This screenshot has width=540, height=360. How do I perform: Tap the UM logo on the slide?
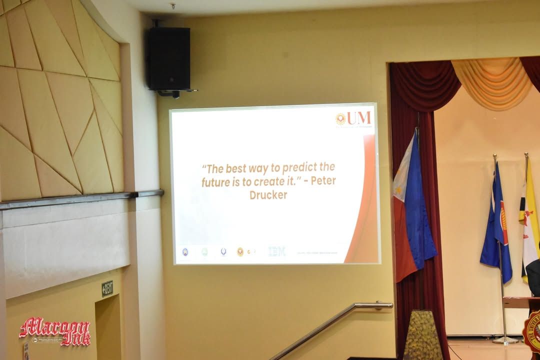353,118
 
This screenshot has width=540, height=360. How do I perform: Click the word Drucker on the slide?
268,195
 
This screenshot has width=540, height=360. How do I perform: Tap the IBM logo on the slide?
276,251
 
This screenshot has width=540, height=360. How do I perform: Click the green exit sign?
107,288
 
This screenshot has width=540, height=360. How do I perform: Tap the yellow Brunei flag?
529,220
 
